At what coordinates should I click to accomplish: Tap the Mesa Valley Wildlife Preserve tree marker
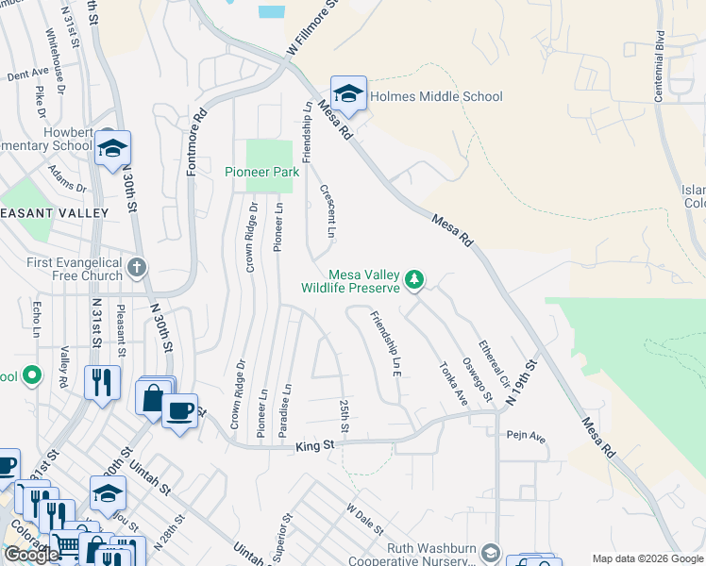(413, 278)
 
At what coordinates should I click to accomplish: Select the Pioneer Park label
(261, 172)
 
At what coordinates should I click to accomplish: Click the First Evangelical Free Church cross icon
(137, 267)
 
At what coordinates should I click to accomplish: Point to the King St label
(315, 444)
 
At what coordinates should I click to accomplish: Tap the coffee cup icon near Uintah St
(179, 410)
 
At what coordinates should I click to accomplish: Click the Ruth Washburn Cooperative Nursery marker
(490, 552)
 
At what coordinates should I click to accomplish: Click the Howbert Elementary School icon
(112, 149)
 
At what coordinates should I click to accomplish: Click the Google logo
(31, 555)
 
